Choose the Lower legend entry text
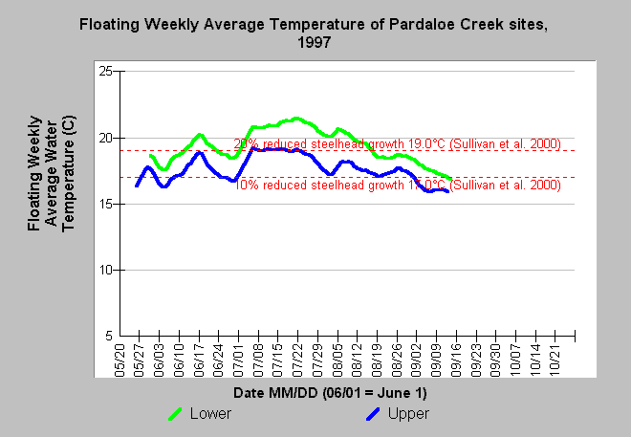210,414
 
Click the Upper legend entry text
410,414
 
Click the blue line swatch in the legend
375,414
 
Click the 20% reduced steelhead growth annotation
397,143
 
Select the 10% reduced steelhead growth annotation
397,184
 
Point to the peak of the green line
296,119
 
